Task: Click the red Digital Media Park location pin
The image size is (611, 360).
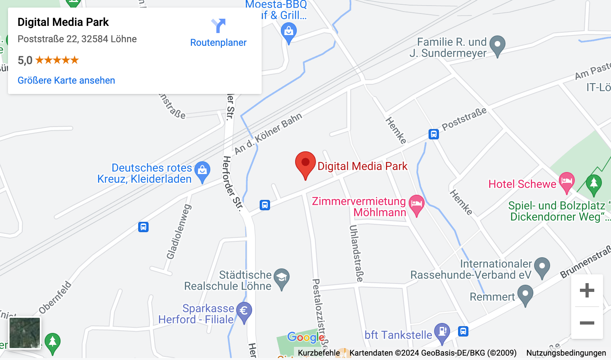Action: tap(305, 164)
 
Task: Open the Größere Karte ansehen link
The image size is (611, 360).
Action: tap(66, 80)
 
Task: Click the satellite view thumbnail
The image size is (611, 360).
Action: tap(25, 333)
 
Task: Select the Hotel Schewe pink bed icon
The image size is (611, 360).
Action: tap(566, 181)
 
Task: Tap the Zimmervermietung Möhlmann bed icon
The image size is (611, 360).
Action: tap(416, 204)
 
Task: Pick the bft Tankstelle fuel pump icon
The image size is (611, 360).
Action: tap(442, 332)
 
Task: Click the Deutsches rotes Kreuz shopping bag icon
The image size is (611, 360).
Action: tap(202, 170)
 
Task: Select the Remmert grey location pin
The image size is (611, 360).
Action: tap(525, 294)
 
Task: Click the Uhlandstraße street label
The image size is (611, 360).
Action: tap(356, 253)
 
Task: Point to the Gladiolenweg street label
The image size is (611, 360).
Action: tap(179, 232)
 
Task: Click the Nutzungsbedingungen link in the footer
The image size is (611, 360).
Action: tap(566, 353)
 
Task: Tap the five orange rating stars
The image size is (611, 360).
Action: tap(57, 60)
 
